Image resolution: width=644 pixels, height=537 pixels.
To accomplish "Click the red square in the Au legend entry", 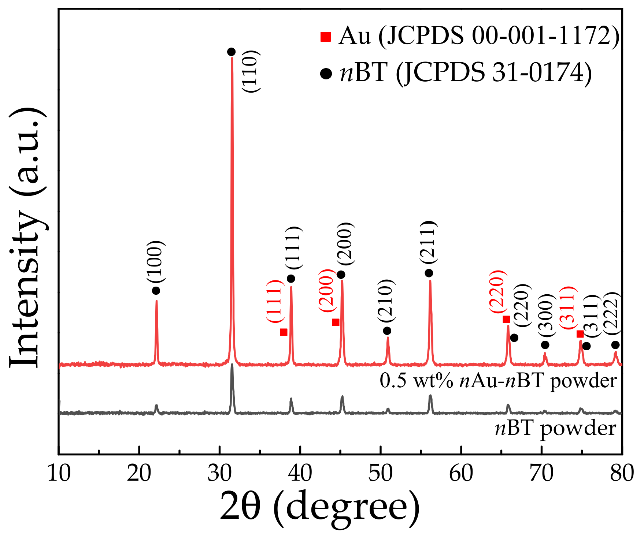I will pyautogui.click(x=325, y=37).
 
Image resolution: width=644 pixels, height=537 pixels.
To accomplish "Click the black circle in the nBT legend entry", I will pyautogui.click(x=326, y=74).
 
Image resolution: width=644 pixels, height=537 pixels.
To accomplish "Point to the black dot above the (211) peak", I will pyautogui.click(x=429, y=273).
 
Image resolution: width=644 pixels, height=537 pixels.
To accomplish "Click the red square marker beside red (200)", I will pyautogui.click(x=336, y=322).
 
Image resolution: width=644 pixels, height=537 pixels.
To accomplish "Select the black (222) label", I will pyautogui.click(x=611, y=313).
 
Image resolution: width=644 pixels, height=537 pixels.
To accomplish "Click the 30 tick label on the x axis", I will pyautogui.click(x=219, y=473).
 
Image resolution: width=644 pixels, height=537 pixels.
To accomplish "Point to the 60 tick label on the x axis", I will pyautogui.click(x=461, y=473).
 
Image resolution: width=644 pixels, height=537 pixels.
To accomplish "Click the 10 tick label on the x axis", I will pyautogui.click(x=59, y=473).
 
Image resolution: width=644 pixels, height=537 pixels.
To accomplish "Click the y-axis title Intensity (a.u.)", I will pyautogui.click(x=27, y=238).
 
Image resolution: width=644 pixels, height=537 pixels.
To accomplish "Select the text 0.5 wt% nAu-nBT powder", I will pyautogui.click(x=498, y=381).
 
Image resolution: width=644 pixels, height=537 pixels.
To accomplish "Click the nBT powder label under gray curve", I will pyautogui.click(x=555, y=428).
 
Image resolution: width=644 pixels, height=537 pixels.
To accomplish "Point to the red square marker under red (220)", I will pyautogui.click(x=506, y=319).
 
